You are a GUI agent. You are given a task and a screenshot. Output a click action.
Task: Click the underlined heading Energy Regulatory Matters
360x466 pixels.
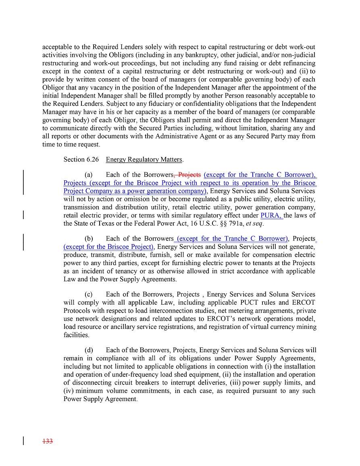tap(144, 159)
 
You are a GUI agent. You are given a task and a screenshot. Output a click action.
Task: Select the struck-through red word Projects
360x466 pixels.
tap(189, 175)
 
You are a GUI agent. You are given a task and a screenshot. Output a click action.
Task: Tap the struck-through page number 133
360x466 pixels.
tap(48, 441)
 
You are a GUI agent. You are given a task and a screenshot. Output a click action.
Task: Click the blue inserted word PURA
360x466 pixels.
tap(271, 215)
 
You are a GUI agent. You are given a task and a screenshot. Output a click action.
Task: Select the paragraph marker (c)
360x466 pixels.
tap(89, 294)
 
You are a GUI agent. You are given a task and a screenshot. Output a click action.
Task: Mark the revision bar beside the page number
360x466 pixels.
tap(23, 441)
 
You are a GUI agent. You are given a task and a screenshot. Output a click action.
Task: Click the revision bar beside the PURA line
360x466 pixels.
tap(23, 214)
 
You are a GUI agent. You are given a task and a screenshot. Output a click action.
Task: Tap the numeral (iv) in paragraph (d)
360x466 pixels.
tap(69, 391)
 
